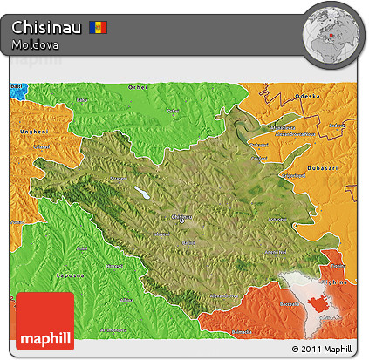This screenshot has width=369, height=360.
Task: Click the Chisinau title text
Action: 48,27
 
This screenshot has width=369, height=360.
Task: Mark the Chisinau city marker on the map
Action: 181,220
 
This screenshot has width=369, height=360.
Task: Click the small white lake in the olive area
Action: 140,194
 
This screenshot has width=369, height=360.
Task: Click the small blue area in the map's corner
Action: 17,89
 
